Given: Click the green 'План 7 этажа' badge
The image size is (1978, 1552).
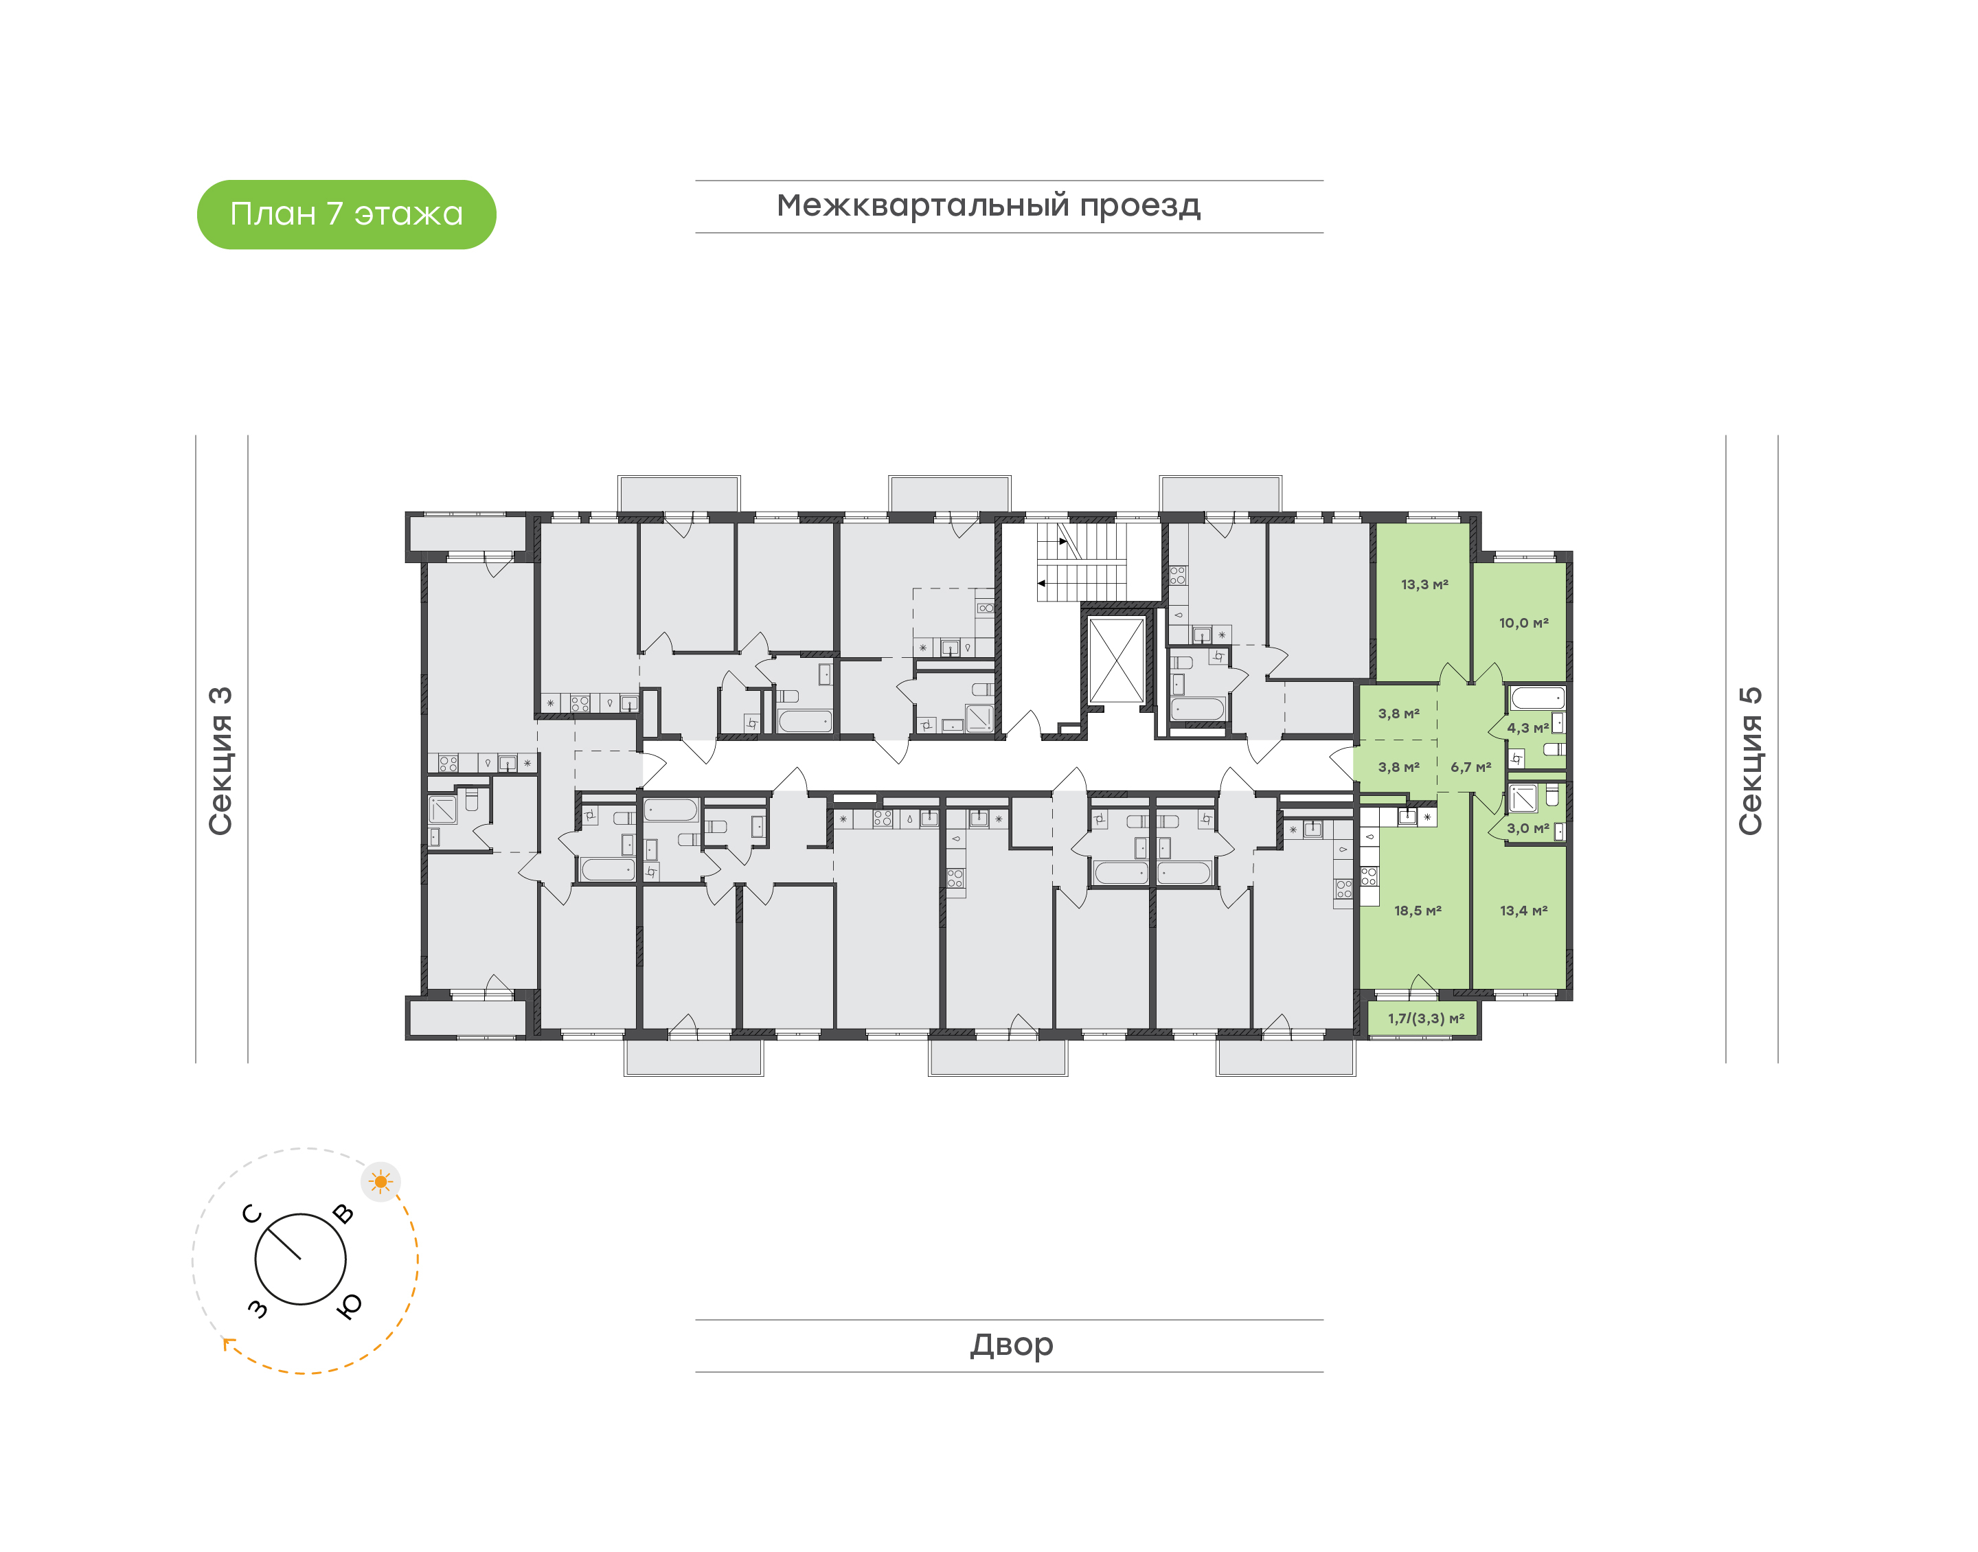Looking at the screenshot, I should click(x=346, y=214).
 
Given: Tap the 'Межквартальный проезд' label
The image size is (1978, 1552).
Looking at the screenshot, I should click(x=988, y=206).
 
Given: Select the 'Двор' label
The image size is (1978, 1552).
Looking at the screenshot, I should click(x=1011, y=1345).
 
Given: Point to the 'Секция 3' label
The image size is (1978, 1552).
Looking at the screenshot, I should click(x=220, y=761).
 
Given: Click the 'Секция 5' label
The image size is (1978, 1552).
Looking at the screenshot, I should click(x=1750, y=761).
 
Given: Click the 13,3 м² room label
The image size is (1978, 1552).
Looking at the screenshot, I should click(x=1424, y=585).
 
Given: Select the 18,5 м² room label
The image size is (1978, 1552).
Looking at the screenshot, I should click(x=1418, y=911).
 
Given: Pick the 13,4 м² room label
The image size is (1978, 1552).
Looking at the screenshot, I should click(x=1523, y=911).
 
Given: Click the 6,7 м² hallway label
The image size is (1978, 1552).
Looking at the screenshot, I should click(x=1470, y=768).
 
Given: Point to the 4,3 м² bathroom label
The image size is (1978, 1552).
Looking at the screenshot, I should click(x=1527, y=728).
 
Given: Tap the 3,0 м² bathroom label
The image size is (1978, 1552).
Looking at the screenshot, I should click(x=1527, y=829).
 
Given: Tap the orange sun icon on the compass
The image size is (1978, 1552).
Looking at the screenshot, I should click(x=380, y=1182).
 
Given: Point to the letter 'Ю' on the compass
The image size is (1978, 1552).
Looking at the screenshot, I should click(x=349, y=1305).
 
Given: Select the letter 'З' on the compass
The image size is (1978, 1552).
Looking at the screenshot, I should click(x=258, y=1308).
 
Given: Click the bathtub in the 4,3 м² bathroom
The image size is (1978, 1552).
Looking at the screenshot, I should click(x=1536, y=698).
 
